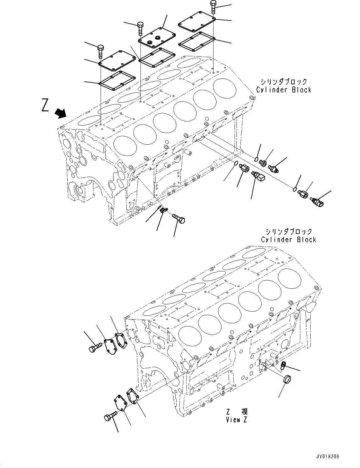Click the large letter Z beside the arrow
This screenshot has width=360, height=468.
tap(45, 105)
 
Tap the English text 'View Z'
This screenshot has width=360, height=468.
tap(236, 420)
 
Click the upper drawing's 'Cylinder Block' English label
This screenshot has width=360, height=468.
tap(284, 90)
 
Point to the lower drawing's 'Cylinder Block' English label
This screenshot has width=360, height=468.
tap(288, 240)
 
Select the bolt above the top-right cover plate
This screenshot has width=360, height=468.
tap(213, 7)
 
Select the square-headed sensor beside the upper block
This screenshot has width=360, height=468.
tap(258, 177)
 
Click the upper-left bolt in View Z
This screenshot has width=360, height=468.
tap(95, 348)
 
